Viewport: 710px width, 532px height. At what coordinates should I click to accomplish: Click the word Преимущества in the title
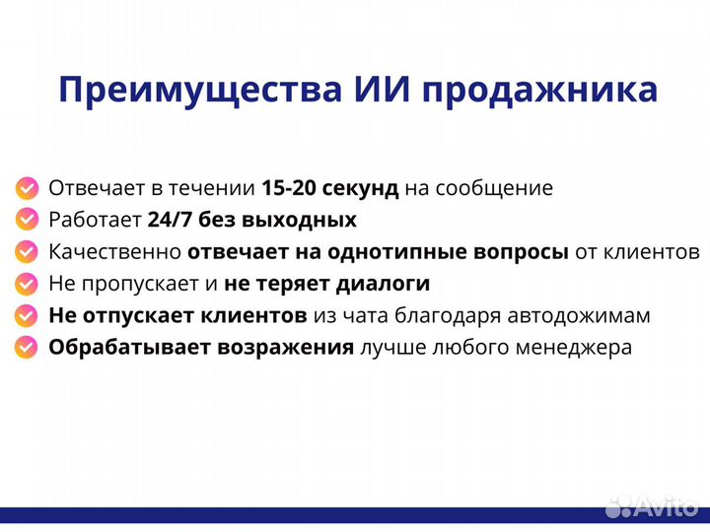pos(198,91)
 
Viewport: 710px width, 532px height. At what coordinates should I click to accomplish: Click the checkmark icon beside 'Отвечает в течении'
pos(28,188)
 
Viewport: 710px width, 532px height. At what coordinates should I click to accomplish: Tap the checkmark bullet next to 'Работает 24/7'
pos(28,220)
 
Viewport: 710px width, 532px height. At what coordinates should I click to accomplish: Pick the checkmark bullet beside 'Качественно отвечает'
pos(28,251)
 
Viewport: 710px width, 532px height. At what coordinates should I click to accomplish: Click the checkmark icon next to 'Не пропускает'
pos(28,284)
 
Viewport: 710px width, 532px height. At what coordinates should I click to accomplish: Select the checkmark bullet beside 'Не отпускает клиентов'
pos(28,315)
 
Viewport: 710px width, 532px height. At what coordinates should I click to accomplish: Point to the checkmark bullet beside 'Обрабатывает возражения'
pos(28,348)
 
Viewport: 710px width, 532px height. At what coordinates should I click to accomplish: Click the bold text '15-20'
pos(287,188)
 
